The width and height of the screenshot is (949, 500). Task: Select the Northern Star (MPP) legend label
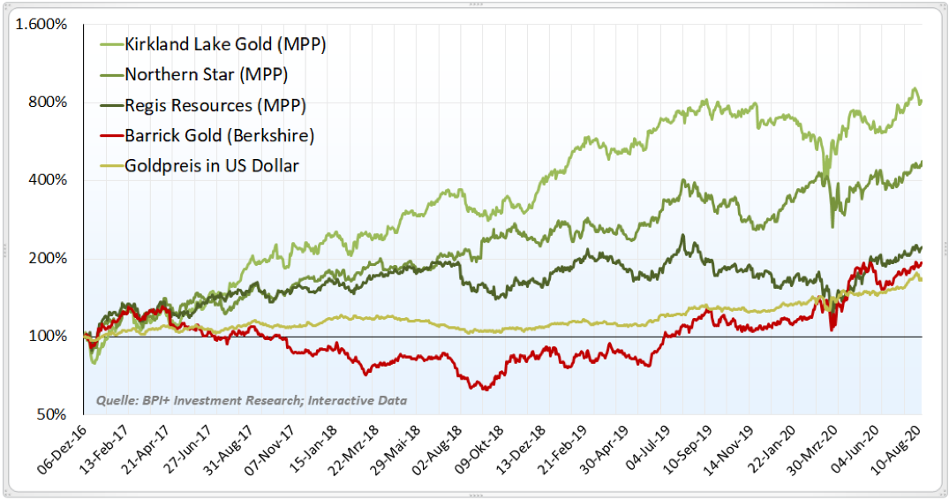(x=206, y=74)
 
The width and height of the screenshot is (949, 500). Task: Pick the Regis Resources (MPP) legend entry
(x=215, y=105)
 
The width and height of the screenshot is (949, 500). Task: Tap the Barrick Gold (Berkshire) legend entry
(x=219, y=135)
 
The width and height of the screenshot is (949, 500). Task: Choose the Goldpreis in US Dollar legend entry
(x=212, y=165)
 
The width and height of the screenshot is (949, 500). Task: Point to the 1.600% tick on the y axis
(x=42, y=24)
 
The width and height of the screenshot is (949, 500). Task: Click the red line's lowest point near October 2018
(x=483, y=389)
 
